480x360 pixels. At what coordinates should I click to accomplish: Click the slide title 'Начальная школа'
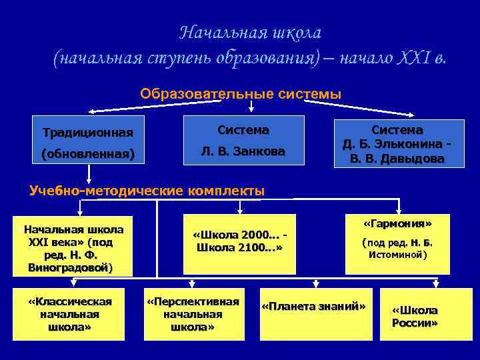(251, 32)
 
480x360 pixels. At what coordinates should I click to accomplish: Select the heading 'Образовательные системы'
(240, 94)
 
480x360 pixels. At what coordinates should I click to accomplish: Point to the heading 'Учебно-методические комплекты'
(147, 191)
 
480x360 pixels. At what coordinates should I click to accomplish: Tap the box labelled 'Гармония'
(397, 243)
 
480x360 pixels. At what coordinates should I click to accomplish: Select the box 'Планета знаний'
(313, 305)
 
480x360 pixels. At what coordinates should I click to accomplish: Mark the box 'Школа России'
(415, 317)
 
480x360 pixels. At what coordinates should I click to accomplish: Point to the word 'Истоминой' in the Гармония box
(397, 255)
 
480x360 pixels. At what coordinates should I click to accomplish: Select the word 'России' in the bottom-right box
(415, 323)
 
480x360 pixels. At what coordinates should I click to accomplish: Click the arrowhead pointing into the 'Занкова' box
(251, 110)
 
